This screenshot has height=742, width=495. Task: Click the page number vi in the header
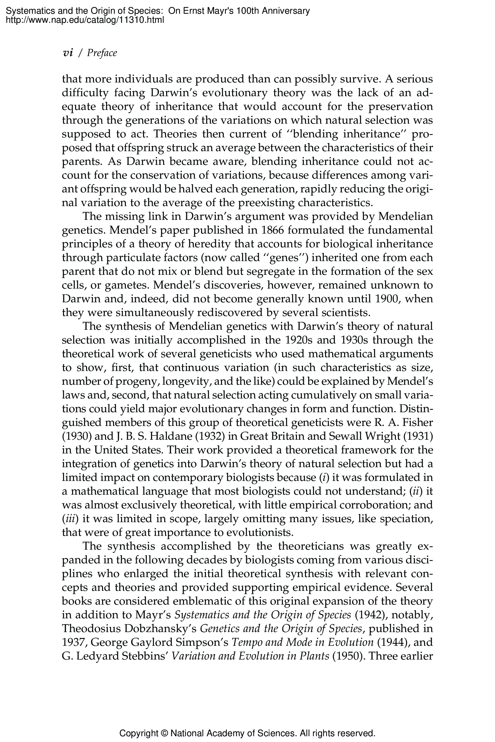click(x=68, y=53)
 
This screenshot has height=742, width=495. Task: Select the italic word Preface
click(x=102, y=53)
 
